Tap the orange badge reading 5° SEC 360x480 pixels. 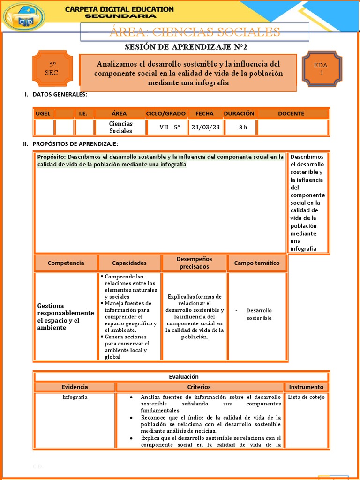pyautogui.click(x=52, y=69)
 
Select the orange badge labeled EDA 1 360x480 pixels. pyautogui.click(x=322, y=69)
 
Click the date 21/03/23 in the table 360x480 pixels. pyautogui.click(x=205, y=127)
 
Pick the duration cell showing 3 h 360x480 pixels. pyautogui.click(x=243, y=127)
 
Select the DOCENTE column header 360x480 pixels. pyautogui.click(x=291, y=113)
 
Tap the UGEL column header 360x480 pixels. pyautogui.click(x=43, y=113)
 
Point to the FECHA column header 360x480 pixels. pyautogui.click(x=204, y=113)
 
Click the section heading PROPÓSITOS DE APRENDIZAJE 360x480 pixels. pyautogui.click(x=75, y=143)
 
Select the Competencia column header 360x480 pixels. pyautogui.click(x=66, y=263)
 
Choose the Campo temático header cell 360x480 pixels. pyautogui.click(x=256, y=263)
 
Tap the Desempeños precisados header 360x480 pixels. pyautogui.click(x=194, y=263)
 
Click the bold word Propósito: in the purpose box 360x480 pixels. pyautogui.click(x=52, y=157)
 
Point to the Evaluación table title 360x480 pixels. pyautogui.click(x=184, y=376)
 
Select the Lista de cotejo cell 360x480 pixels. pyautogui.click(x=306, y=397)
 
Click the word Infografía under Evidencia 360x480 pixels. pyautogui.click(x=75, y=397)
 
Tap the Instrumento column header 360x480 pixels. pyautogui.click(x=306, y=387)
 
